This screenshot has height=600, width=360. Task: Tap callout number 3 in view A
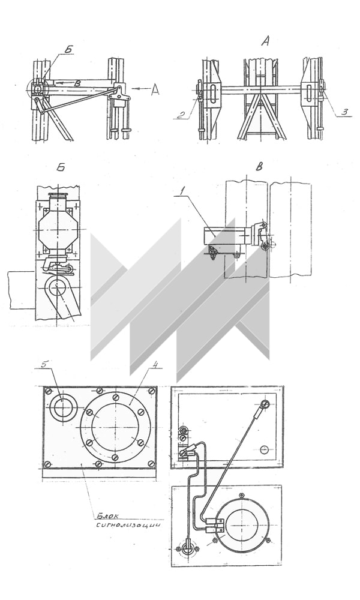344,112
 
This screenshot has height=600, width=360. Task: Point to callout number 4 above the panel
155,364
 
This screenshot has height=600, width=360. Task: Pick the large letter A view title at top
265,41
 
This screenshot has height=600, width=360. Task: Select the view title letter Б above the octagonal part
61,168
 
